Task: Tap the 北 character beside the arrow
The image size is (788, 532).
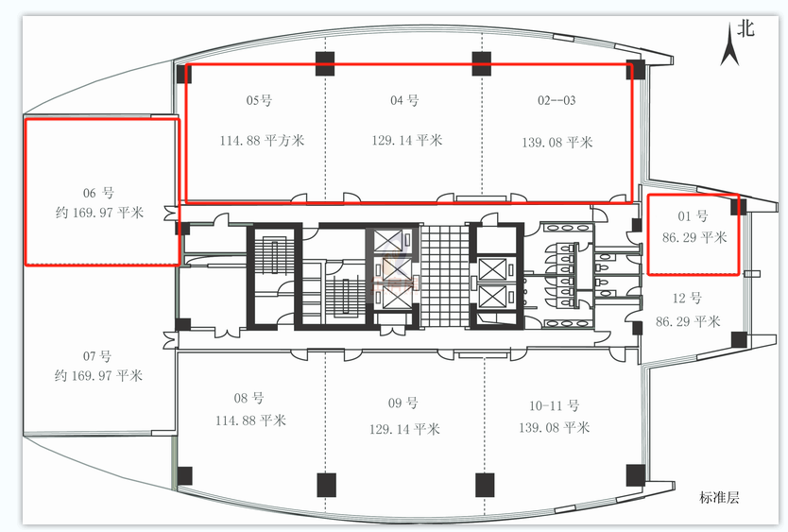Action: [745, 28]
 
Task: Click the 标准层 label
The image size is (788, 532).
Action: [719, 498]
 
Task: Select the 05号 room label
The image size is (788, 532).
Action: [259, 100]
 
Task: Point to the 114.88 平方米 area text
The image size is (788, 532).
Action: [262, 140]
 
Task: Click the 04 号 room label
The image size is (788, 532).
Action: [404, 100]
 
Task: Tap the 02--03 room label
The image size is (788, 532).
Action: [557, 100]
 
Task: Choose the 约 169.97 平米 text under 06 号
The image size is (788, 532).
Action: [99, 213]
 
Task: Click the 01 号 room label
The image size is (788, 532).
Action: [693, 216]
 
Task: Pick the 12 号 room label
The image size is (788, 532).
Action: [687, 299]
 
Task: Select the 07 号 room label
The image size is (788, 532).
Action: [97, 356]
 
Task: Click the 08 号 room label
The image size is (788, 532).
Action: [248, 398]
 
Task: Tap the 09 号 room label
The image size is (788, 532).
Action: [403, 403]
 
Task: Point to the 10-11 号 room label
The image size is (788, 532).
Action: [555, 405]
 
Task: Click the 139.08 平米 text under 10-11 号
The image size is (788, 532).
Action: [555, 428]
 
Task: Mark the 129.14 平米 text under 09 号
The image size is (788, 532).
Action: [404, 429]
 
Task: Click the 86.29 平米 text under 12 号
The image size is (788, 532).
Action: [688, 321]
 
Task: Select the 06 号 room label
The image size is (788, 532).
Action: [98, 193]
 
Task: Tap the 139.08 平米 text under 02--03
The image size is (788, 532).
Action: [557, 143]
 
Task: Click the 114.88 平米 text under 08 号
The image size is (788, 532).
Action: [250, 420]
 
